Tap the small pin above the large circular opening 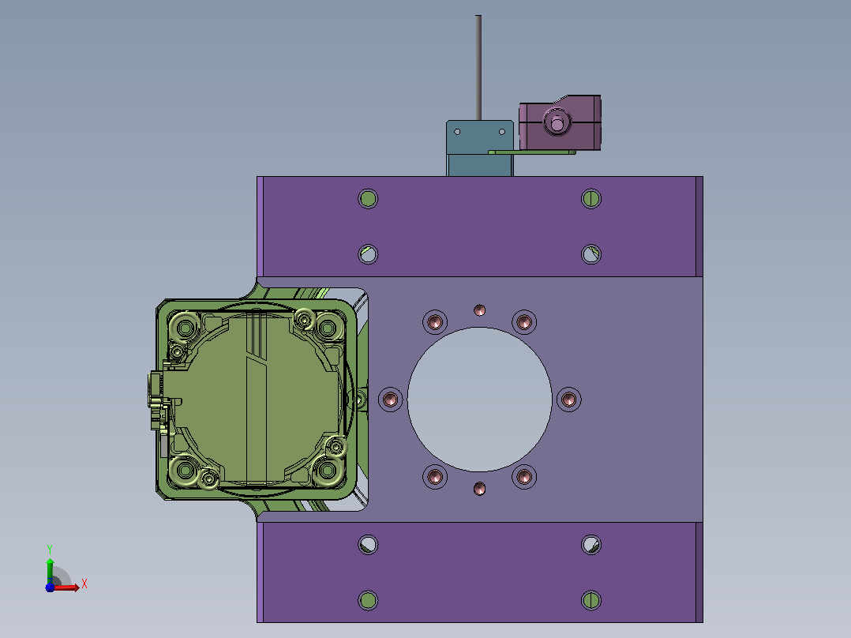pyautogui.click(x=479, y=310)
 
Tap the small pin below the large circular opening pyautogui.click(x=479, y=489)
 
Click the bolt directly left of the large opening pyautogui.click(x=390, y=400)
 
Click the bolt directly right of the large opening pyautogui.click(x=568, y=400)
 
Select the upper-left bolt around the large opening pyautogui.click(x=435, y=322)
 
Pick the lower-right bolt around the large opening pyautogui.click(x=523, y=477)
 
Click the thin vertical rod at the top pyautogui.click(x=478, y=68)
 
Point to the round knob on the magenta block pyautogui.click(x=557, y=122)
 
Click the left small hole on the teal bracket pyautogui.click(x=457, y=132)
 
